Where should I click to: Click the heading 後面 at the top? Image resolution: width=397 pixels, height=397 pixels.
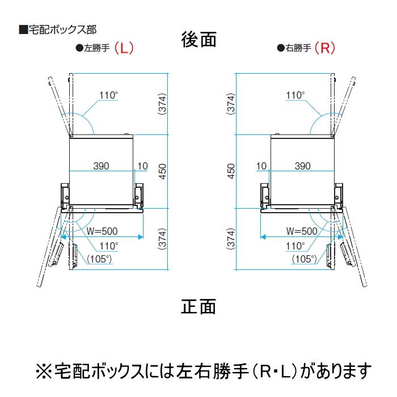(198, 40)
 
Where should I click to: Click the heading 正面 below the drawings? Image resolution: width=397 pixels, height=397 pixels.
(198, 306)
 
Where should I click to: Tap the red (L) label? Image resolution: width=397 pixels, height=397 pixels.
(124, 48)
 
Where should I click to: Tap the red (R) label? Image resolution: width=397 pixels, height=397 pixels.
(325, 48)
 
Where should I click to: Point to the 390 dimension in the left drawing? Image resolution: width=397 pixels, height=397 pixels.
(101, 166)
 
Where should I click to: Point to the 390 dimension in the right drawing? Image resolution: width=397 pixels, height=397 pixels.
(302, 166)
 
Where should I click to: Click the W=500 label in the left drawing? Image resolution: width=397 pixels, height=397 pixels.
(102, 231)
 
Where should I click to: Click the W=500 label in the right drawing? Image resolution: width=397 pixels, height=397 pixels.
(302, 231)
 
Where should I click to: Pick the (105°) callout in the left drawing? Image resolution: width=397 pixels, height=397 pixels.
(99, 259)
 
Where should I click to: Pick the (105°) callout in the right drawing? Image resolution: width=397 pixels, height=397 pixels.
(305, 259)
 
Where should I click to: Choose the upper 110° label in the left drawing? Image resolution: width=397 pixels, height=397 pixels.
(109, 95)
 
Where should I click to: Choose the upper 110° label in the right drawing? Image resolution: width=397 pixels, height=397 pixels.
(295, 95)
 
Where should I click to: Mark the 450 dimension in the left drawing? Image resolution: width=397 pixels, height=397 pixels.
(163, 171)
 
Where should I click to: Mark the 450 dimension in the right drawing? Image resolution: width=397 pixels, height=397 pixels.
(231, 171)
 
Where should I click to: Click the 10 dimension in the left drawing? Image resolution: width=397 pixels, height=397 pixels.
(142, 166)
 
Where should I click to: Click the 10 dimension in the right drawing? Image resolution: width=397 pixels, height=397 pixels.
(261, 166)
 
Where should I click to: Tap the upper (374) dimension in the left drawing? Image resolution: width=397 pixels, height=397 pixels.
(163, 104)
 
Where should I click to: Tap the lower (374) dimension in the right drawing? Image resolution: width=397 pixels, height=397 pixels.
(231, 239)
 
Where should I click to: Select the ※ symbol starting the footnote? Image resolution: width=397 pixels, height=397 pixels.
(44, 371)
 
